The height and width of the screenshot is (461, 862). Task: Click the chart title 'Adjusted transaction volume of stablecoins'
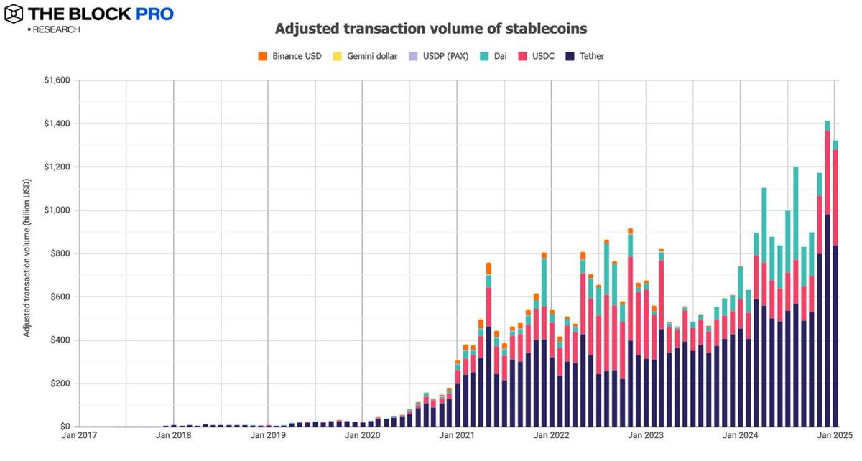(431, 29)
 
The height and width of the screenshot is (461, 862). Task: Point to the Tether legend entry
(588, 56)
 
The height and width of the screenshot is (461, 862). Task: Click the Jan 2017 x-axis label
(79, 436)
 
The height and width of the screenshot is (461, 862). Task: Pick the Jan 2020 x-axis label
(362, 436)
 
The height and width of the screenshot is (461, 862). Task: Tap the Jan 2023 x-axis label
(646, 436)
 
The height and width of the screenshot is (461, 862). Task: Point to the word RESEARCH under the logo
(56, 29)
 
